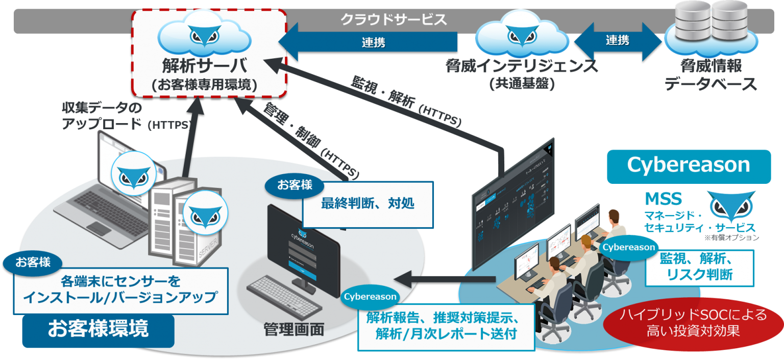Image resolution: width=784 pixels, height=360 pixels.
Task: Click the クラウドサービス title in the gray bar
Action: (x=393, y=20)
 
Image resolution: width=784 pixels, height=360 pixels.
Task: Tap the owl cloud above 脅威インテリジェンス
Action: (x=521, y=33)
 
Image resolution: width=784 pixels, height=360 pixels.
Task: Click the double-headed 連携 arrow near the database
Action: (x=617, y=41)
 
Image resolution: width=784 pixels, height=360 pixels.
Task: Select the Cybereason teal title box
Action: (x=688, y=165)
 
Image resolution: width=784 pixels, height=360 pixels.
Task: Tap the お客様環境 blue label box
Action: (x=98, y=329)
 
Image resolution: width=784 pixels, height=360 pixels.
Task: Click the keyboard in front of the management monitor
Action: (x=284, y=297)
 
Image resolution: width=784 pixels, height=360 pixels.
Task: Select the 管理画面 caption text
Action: (x=293, y=329)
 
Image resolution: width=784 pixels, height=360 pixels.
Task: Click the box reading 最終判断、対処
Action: (x=367, y=204)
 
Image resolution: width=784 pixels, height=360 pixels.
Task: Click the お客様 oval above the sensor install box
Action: (x=33, y=262)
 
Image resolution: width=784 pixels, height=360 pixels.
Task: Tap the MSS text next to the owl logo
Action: (x=663, y=198)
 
